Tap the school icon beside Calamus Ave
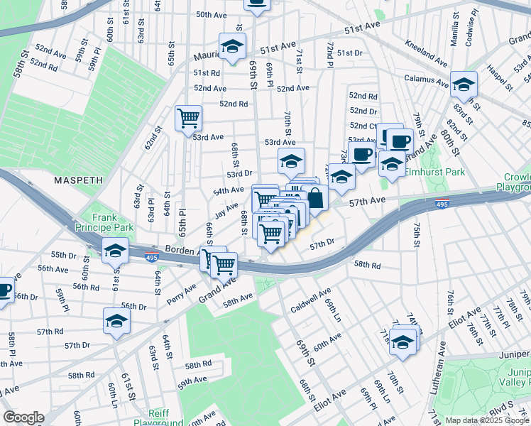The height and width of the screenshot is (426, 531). tap(464, 85)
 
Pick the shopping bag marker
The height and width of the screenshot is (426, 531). tap(315, 198)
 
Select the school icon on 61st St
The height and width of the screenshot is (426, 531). tap(115, 251)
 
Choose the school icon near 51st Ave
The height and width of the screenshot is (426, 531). tap(231, 47)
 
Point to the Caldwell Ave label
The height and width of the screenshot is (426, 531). tap(311, 300)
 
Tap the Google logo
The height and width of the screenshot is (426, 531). tap(23, 417)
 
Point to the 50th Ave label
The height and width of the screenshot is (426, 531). tap(211, 14)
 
